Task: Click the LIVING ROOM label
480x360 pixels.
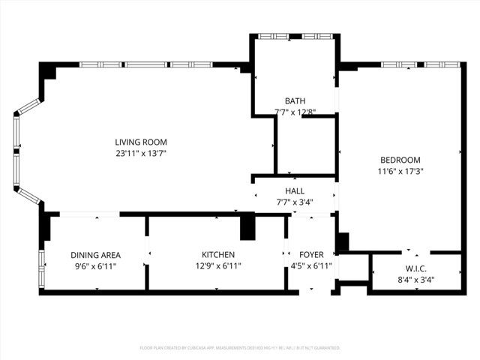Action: [x=140, y=142]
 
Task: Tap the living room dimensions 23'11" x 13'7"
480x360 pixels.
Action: [x=140, y=154]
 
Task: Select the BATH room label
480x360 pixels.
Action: [x=295, y=101]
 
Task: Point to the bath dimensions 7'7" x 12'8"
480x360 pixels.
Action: [x=295, y=112]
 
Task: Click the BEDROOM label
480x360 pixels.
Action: [x=400, y=160]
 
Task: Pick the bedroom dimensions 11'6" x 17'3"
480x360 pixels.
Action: [x=400, y=171]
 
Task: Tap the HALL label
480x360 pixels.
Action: [x=294, y=190]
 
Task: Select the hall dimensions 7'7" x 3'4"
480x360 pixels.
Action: [x=294, y=202]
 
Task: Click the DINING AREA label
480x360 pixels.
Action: [x=95, y=255]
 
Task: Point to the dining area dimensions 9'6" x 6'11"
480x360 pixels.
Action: [x=95, y=266]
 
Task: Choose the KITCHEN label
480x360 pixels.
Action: [x=218, y=255]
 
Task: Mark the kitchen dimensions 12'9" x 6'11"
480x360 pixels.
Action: [x=218, y=266]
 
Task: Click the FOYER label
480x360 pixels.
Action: [x=310, y=255]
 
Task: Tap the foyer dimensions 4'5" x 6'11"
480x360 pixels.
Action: [x=310, y=266]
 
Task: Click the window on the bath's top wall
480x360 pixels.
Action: [x=295, y=36]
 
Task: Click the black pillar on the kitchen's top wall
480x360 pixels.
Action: [x=247, y=226]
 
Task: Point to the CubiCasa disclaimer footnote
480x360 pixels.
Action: [x=240, y=348]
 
